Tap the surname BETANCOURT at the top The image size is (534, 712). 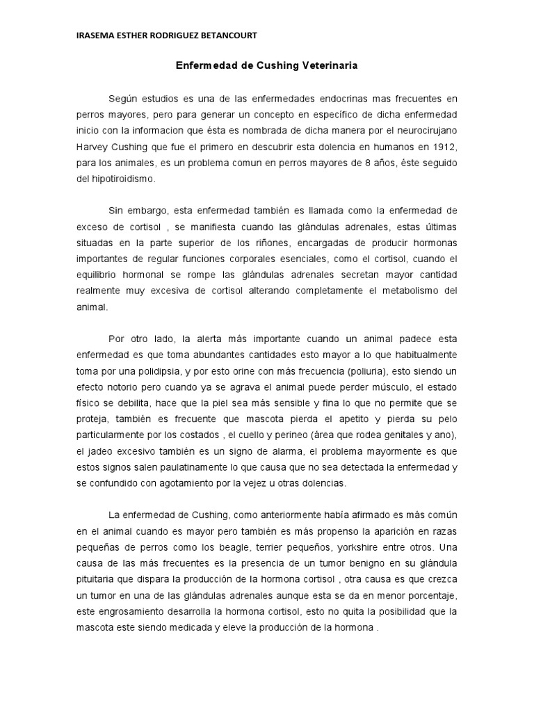[229, 36]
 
